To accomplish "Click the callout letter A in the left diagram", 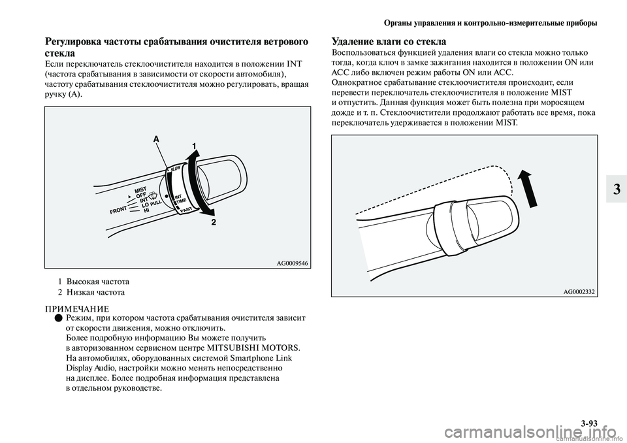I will click(155, 139).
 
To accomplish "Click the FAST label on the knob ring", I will click(186, 209).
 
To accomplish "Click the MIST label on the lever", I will click(142, 190).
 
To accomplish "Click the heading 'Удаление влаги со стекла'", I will click(389, 42).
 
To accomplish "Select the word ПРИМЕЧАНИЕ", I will click(77, 308).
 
